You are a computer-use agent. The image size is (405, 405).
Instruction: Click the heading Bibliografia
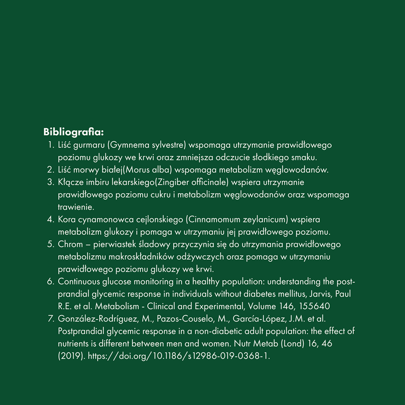pos(74,133)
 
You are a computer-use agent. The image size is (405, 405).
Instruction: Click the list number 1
pos(50,145)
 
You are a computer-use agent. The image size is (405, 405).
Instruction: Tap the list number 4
pos(50,220)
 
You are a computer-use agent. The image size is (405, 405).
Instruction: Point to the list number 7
pos(50,319)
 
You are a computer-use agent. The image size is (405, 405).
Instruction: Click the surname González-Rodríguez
pos(98,319)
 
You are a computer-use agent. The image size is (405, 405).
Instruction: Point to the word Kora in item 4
pos(67,220)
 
